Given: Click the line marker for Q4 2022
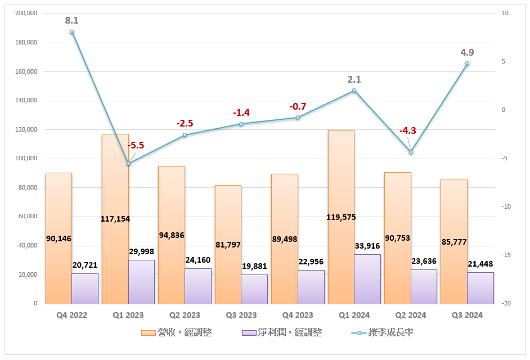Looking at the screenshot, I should pos(72,32).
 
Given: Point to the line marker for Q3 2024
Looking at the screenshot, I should pos(467,64).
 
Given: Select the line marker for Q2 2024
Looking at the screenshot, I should pos(411,152).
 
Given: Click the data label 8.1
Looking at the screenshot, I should pos(71,20).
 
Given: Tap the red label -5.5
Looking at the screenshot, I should pos(136,145).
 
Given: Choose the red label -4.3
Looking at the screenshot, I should pos(407,131).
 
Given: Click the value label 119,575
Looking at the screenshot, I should pos(341,217).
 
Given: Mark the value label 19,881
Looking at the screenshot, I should pos(254,266).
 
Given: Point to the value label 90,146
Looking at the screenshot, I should pos(59,238).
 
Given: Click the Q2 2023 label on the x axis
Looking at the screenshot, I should pos(185,315).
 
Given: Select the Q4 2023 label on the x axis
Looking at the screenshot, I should pos(298,315).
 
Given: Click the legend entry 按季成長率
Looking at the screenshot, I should pos(383,332).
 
